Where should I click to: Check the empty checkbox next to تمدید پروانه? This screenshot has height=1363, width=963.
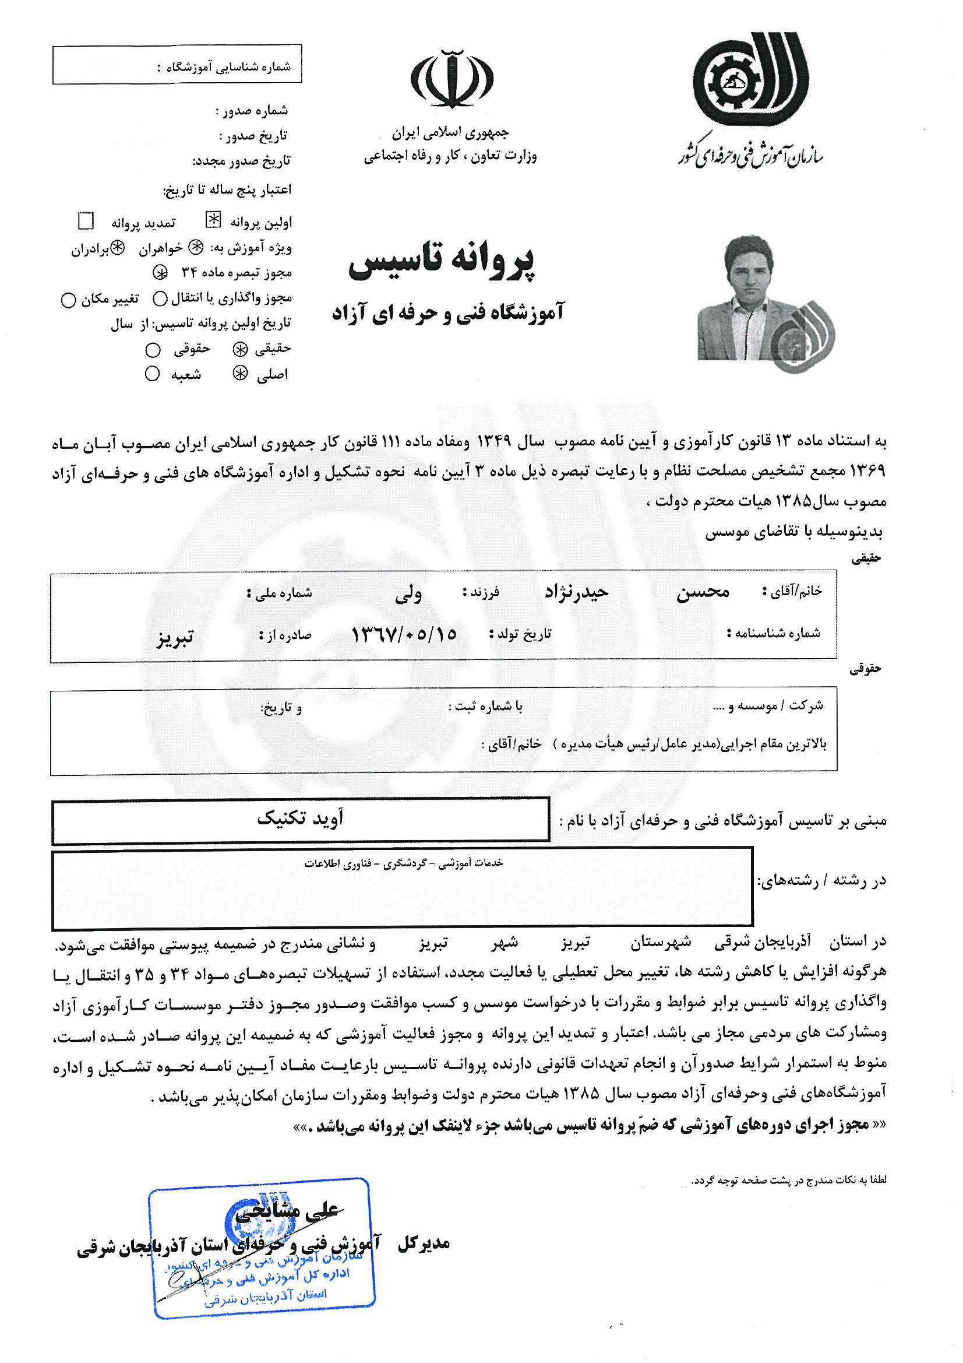point(87,222)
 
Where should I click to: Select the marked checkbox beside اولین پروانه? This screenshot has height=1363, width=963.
point(212,221)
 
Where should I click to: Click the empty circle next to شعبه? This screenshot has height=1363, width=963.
point(153,374)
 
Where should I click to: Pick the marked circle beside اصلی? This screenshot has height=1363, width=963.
point(240,374)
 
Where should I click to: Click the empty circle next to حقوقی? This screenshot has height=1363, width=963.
point(153,350)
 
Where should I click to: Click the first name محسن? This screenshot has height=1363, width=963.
point(703,592)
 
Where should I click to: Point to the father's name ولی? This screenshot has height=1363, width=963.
point(409,593)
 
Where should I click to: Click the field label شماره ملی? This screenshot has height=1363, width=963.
point(279,593)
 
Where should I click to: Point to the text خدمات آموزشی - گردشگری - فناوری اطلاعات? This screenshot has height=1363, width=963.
point(404,863)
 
